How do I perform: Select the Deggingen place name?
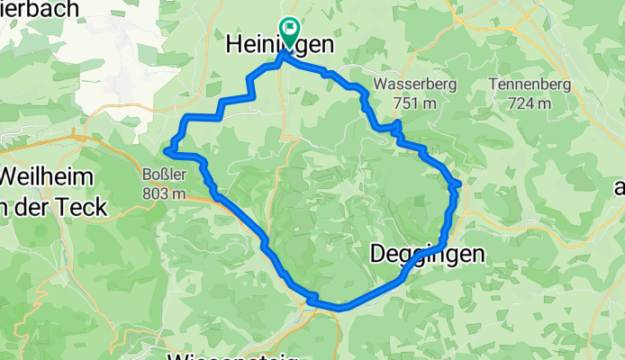click(427, 255)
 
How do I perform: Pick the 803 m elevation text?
click(164, 193)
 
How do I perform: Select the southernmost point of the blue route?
click(340, 307)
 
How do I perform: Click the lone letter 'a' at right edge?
click(619, 187)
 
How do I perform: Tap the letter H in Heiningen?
click(231, 43)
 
